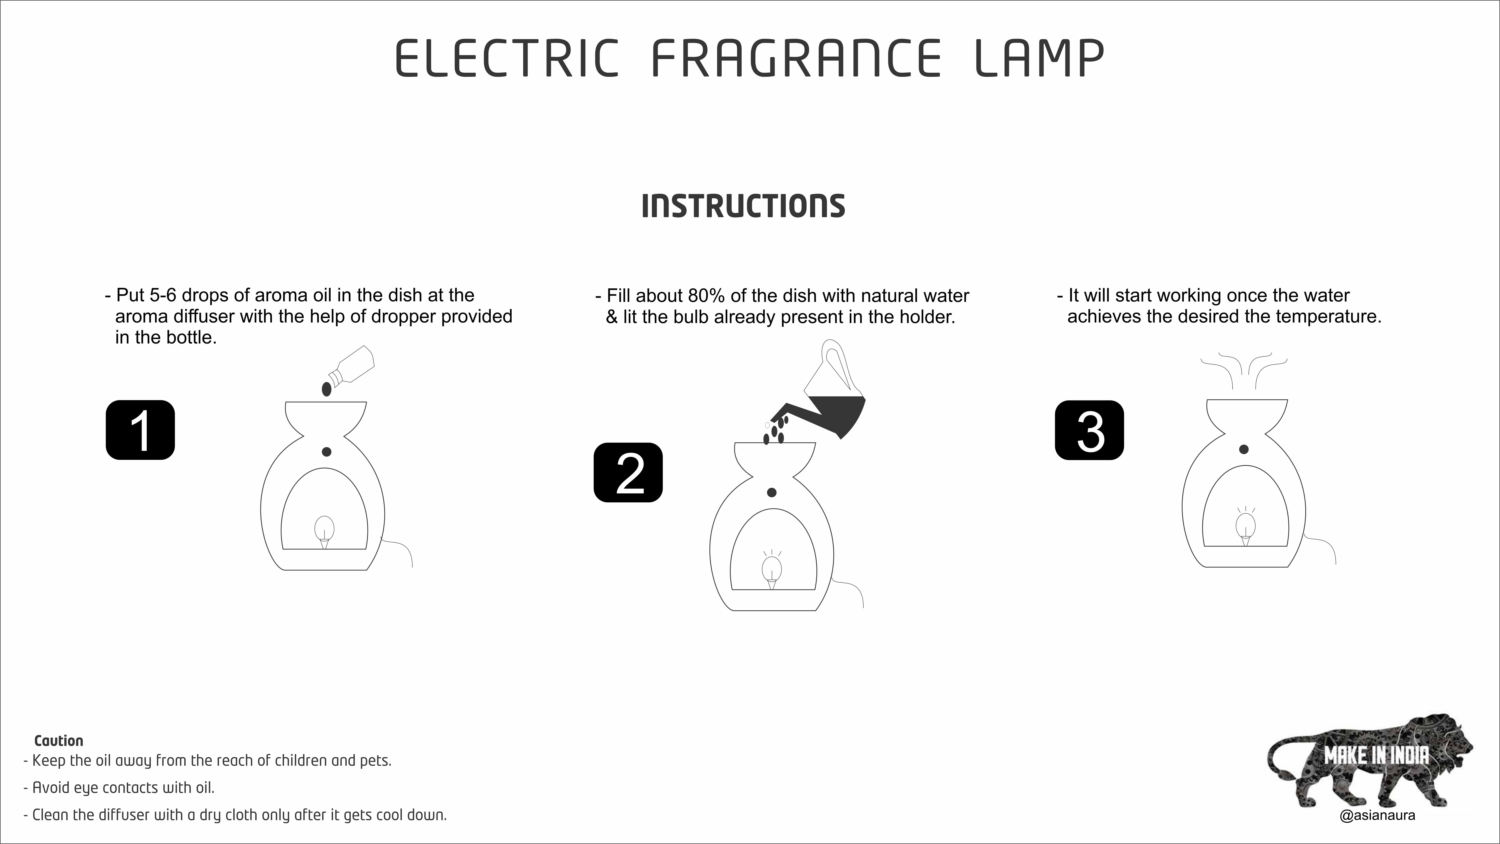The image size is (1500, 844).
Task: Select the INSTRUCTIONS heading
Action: tap(743, 206)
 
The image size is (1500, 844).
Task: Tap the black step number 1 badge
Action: tap(140, 430)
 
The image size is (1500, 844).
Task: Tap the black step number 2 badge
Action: tap(628, 473)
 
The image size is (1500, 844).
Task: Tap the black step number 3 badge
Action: tap(1089, 430)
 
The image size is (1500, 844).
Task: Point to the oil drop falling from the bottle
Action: tap(327, 389)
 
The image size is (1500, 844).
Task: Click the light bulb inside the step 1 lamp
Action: tap(324, 530)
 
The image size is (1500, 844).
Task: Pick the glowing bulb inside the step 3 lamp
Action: tap(1245, 525)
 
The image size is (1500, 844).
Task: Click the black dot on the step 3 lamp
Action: tap(1244, 449)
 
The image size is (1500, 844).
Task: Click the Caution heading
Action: tap(59, 741)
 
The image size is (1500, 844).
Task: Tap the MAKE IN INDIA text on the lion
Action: tap(1376, 756)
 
